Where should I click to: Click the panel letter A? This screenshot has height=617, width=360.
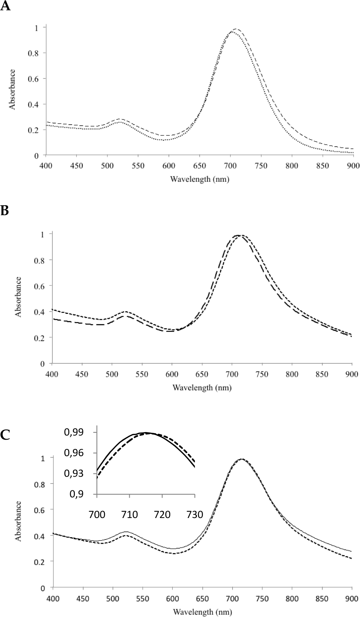pos(5,6)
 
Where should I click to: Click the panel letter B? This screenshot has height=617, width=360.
pos(5,211)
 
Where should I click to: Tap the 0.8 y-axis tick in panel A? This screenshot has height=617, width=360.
pos(33,53)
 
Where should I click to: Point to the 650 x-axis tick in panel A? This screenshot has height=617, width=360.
pos(200,166)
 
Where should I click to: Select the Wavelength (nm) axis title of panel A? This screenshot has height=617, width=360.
pos(200,179)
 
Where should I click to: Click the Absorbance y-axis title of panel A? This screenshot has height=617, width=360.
pos(12,89)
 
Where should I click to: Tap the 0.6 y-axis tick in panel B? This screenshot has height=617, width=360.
pos(39,285)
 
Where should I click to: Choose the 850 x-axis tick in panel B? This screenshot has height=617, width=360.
pos(322,374)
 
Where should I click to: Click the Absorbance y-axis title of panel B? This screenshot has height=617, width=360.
pos(18,297)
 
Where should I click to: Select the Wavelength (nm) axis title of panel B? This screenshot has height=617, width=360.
pos(202,388)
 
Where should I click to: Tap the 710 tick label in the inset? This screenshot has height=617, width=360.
pos(129,514)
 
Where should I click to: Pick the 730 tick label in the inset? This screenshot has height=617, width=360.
pos(195,514)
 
